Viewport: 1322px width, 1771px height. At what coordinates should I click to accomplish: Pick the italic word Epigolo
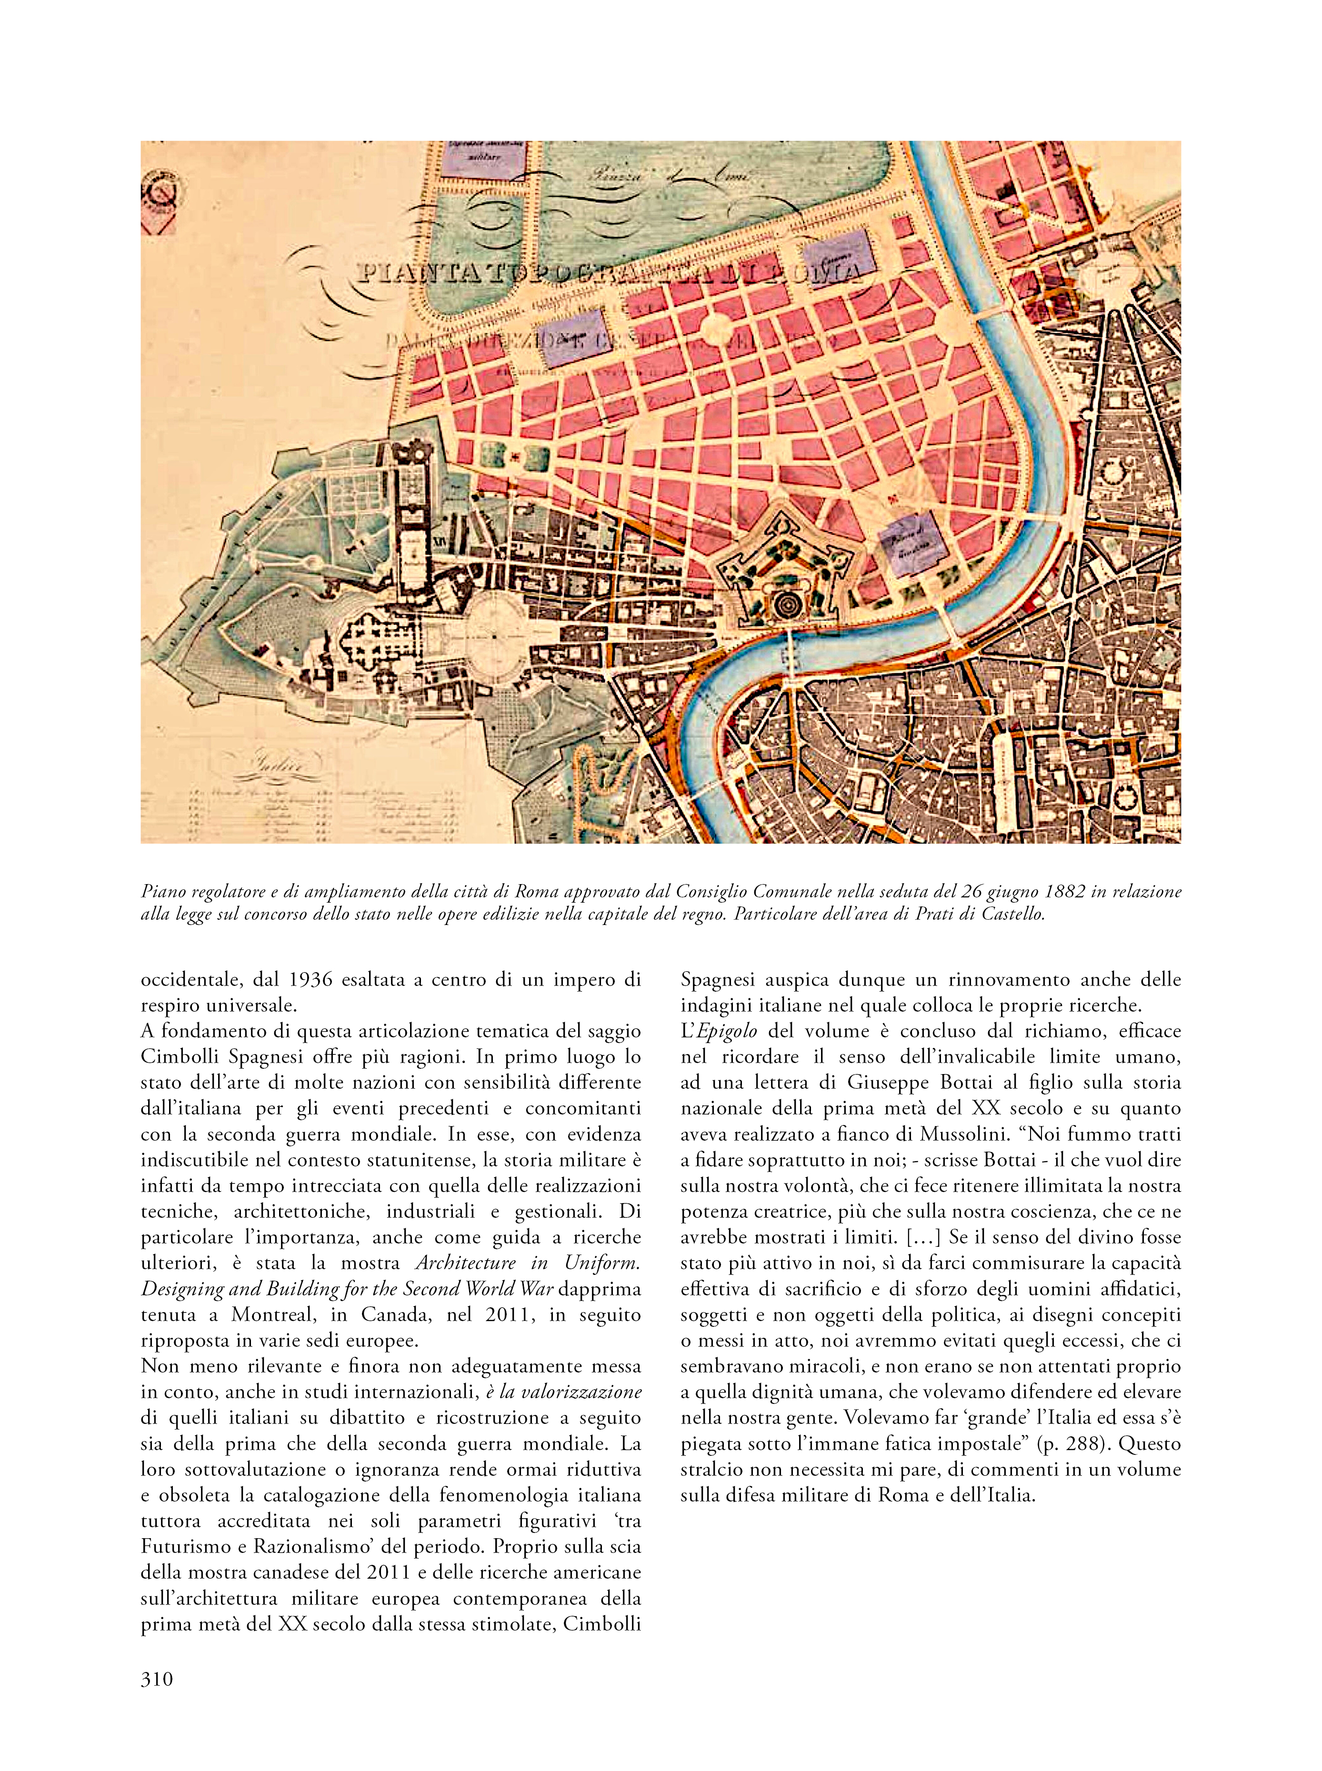731,1031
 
